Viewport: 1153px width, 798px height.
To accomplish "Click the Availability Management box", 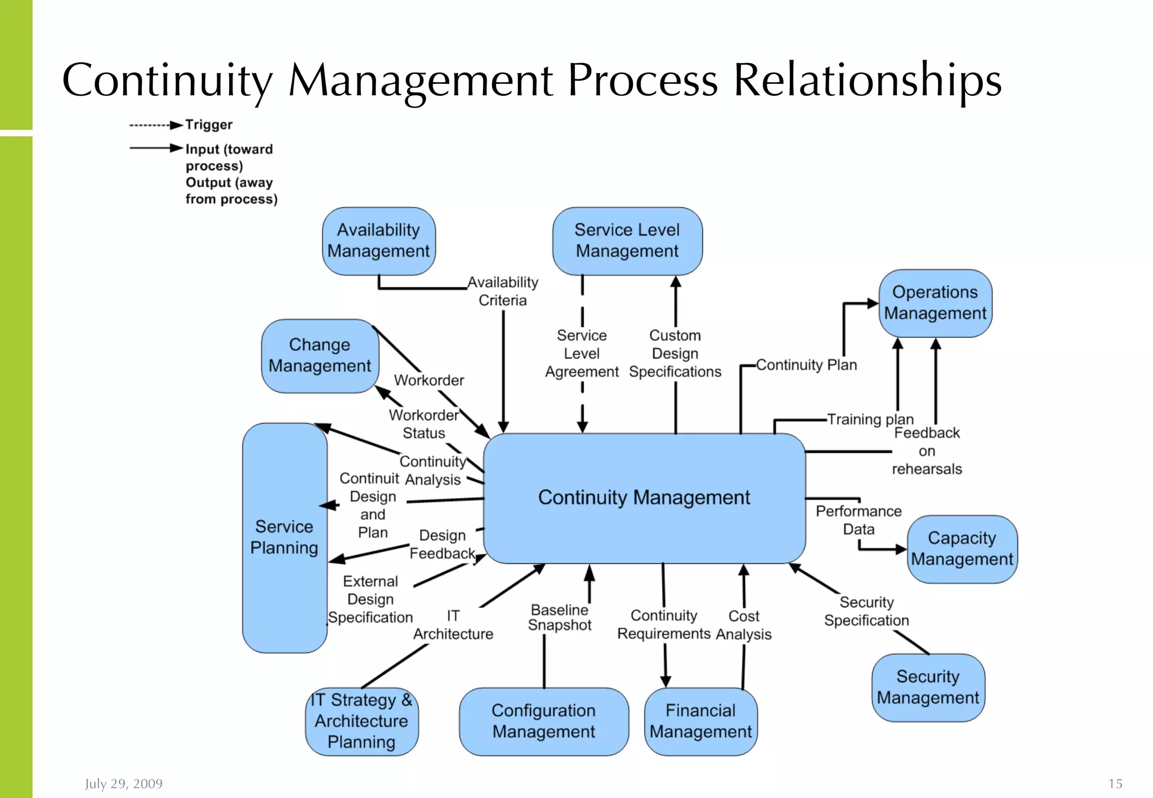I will [378, 241].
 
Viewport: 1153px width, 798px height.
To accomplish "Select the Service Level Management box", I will [627, 241].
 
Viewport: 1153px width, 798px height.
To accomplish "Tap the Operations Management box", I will [935, 303].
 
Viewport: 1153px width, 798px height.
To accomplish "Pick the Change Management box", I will [320, 356].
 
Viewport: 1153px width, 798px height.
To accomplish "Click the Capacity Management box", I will [962, 549].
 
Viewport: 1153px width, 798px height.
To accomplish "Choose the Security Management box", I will [928, 687].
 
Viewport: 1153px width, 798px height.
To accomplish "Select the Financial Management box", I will [700, 721].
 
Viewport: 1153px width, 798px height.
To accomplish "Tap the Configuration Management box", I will [543, 721].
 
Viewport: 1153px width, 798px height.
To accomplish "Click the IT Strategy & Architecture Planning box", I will [361, 721].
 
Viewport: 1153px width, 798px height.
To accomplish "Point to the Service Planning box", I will [284, 537].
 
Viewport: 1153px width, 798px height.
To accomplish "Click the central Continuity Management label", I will [644, 497].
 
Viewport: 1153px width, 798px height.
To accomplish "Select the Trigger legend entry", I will [208, 124].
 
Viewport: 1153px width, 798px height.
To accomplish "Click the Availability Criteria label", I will [503, 291].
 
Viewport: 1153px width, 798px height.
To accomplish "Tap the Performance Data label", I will [859, 520].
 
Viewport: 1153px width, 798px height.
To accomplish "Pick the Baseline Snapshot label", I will [560, 617].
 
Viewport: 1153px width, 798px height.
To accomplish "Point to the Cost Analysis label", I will [744, 625].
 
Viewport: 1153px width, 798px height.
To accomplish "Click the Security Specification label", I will [866, 611].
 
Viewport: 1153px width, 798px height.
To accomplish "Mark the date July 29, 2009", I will [124, 783].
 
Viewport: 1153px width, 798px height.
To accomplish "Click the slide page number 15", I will [1115, 783].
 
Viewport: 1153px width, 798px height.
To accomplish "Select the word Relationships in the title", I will [867, 80].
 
